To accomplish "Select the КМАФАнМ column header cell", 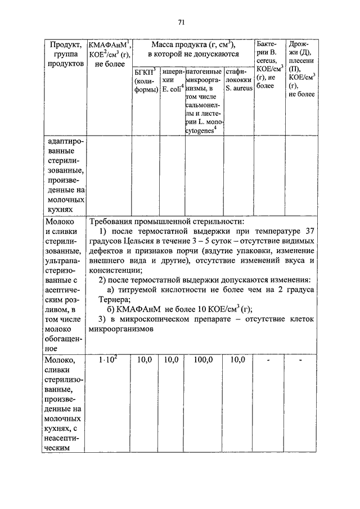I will coord(110,54).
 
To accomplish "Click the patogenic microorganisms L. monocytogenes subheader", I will coord(204,101).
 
